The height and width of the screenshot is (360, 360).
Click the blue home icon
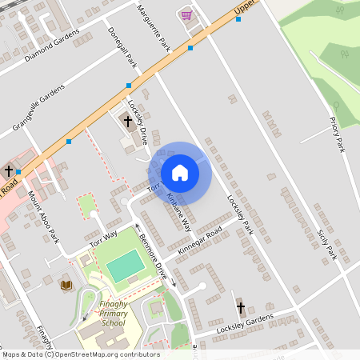click(x=180, y=173)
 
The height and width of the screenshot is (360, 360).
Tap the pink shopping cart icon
click(x=186, y=14)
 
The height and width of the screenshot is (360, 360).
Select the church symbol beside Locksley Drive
click(x=127, y=122)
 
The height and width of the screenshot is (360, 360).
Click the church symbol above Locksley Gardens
click(x=240, y=306)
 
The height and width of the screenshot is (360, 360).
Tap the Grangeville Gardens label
click(x=38, y=110)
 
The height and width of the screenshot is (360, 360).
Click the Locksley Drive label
click(x=138, y=121)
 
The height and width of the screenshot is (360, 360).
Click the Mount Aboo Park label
click(x=43, y=217)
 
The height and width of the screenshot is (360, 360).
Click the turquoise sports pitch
click(x=125, y=266)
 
